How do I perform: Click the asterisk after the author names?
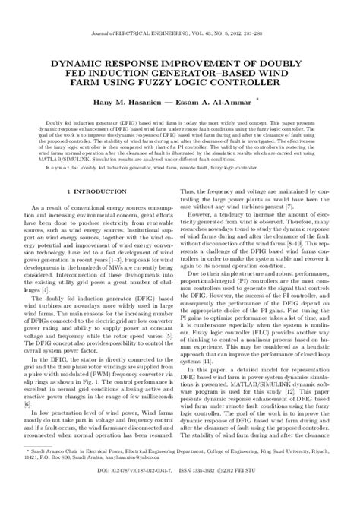click(256, 96)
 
